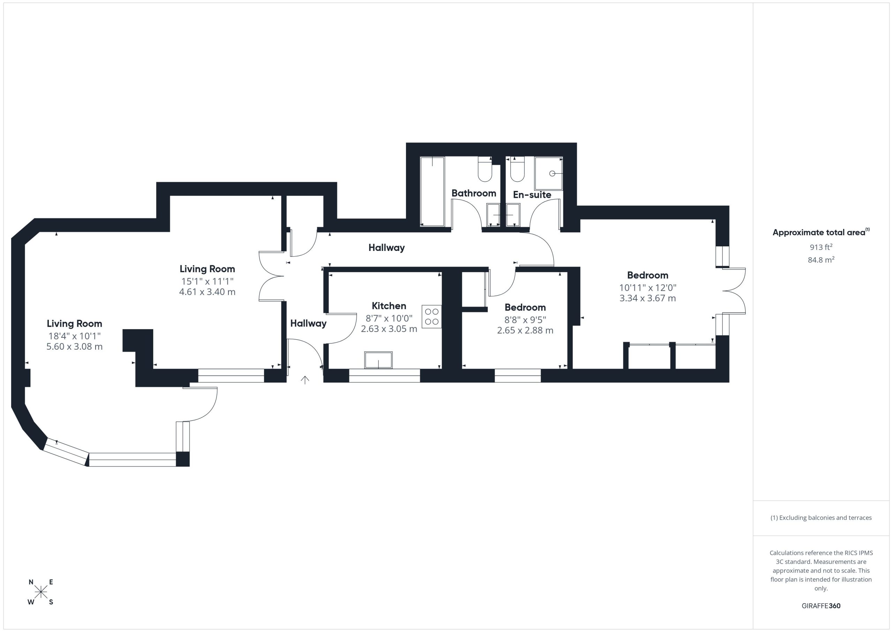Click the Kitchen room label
[389, 306]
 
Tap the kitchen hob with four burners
[432, 317]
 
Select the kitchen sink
[378, 360]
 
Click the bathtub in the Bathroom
[432, 191]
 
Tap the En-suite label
[532, 195]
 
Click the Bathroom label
[473, 193]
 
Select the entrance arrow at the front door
[305, 380]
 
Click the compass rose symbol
[41, 592]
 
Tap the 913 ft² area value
[821, 247]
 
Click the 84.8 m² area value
[821, 260]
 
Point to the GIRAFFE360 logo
[821, 605]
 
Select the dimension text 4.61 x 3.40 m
[207, 292]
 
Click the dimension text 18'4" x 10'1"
[74, 336]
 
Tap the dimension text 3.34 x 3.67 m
[647, 298]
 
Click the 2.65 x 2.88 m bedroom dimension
[525, 330]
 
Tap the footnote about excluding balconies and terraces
[821, 518]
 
